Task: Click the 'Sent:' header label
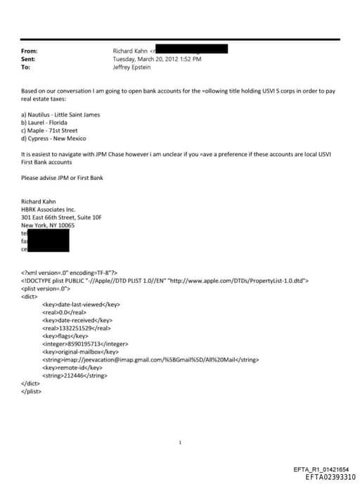point(29,59)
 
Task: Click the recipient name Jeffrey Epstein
point(132,67)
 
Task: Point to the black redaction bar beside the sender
point(191,50)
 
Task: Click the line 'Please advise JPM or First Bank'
point(62,177)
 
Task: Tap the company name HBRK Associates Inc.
point(54,210)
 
